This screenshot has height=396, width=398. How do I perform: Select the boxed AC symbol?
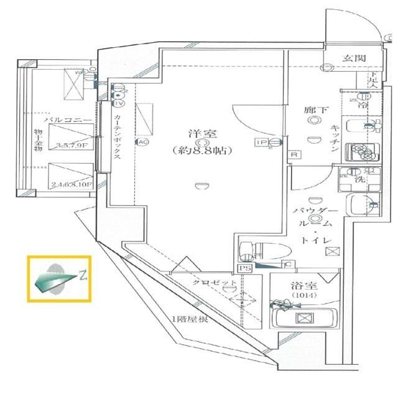point(142,141)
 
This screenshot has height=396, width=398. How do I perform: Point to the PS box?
point(244,268)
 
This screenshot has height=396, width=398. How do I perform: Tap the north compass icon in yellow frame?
point(59,278)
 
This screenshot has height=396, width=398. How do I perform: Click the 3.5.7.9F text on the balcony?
point(73,147)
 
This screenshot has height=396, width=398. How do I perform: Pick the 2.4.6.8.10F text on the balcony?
point(72,185)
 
